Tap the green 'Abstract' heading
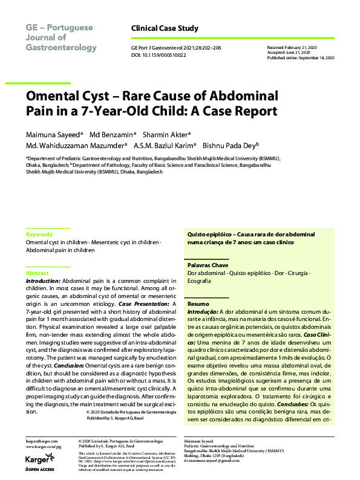37,273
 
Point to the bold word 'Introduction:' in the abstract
43,282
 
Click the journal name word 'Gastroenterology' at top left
61,47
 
